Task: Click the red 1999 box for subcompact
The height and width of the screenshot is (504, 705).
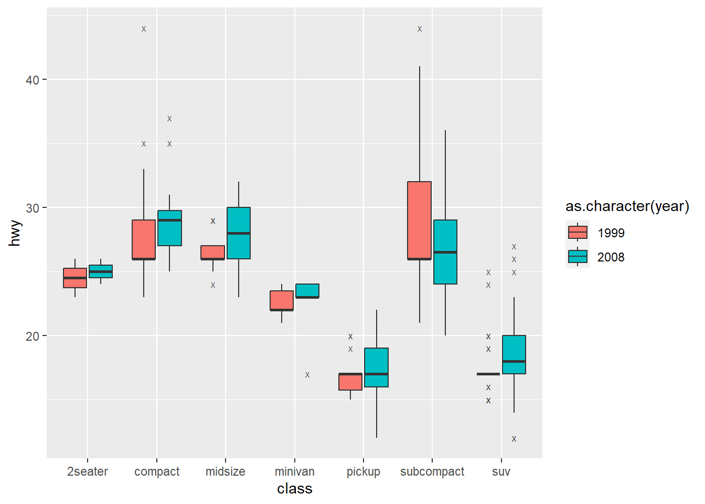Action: coord(419,220)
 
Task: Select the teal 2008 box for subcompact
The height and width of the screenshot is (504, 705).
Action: coord(445,252)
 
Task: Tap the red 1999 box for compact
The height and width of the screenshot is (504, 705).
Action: coord(143,239)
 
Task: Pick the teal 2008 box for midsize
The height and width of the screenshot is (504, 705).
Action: coord(239,233)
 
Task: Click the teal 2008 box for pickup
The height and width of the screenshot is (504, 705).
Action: coord(376,367)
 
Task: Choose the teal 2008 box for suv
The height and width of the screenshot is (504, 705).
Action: coord(514,354)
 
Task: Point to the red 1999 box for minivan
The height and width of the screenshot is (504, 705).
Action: coord(282,300)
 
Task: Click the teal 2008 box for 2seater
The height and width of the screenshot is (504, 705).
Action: coord(101,271)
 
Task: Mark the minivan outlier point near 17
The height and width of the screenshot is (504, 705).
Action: coord(307,375)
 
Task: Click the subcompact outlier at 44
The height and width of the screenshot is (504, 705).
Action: coord(420,29)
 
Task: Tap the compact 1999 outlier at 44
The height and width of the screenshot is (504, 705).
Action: coord(144,29)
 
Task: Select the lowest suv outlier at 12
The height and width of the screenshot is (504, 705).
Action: coord(514,439)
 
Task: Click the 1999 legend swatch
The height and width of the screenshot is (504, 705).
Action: coord(578,233)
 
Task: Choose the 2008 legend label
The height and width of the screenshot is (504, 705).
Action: coord(611,257)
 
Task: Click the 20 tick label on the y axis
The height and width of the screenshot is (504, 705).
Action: coord(33,336)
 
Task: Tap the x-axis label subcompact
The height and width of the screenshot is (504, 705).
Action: coord(432,471)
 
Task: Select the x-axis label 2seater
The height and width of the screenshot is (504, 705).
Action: coord(88,471)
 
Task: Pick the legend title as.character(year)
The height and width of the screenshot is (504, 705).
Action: coord(627,206)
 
